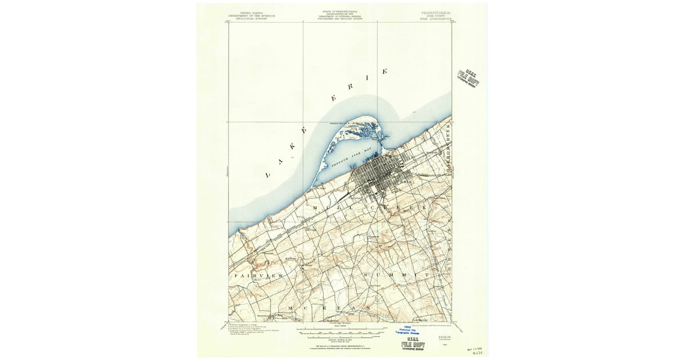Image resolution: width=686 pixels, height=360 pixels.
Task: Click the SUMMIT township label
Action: coord(395,275)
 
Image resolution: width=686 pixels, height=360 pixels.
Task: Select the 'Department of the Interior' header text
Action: coord(252,15)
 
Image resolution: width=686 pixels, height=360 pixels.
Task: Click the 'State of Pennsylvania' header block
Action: coord(342,15)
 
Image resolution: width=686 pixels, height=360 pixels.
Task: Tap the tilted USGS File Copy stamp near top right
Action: coord(468,78)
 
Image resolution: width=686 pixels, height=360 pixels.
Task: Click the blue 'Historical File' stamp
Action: coord(407,330)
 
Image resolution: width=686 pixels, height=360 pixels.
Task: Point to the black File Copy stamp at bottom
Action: coord(412,345)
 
